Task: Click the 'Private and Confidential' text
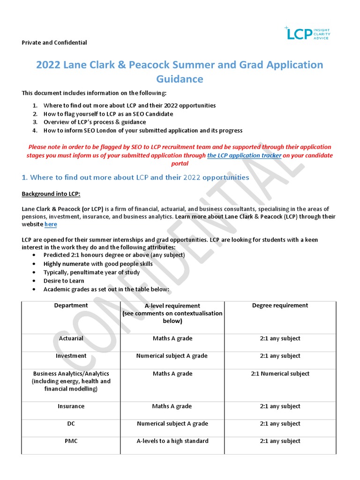(54, 43)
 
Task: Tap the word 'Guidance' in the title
(180, 79)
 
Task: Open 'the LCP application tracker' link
(244, 155)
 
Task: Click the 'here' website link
(51, 225)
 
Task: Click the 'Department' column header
(71, 306)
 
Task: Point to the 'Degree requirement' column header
(280, 306)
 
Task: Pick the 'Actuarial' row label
(71, 338)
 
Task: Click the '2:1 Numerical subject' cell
(280, 374)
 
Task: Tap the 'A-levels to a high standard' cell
(172, 441)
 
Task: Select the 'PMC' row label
(71, 441)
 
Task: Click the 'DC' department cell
(71, 424)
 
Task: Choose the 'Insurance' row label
(71, 406)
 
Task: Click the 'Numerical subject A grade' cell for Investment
(172, 356)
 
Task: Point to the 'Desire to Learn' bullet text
(64, 281)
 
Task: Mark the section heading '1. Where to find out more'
(135, 178)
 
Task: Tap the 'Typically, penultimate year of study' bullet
(91, 272)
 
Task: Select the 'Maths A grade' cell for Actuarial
(172, 338)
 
